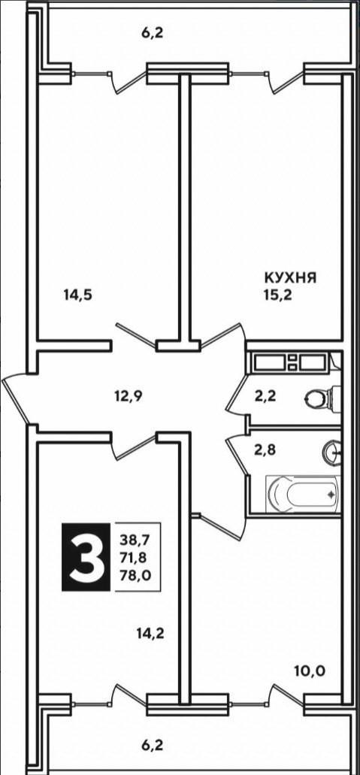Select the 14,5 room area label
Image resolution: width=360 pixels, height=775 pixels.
click(x=78, y=295)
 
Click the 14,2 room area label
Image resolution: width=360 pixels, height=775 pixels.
click(x=151, y=633)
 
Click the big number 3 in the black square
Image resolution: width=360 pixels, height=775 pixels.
click(x=86, y=557)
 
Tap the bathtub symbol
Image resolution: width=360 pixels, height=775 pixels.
click(x=303, y=495)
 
